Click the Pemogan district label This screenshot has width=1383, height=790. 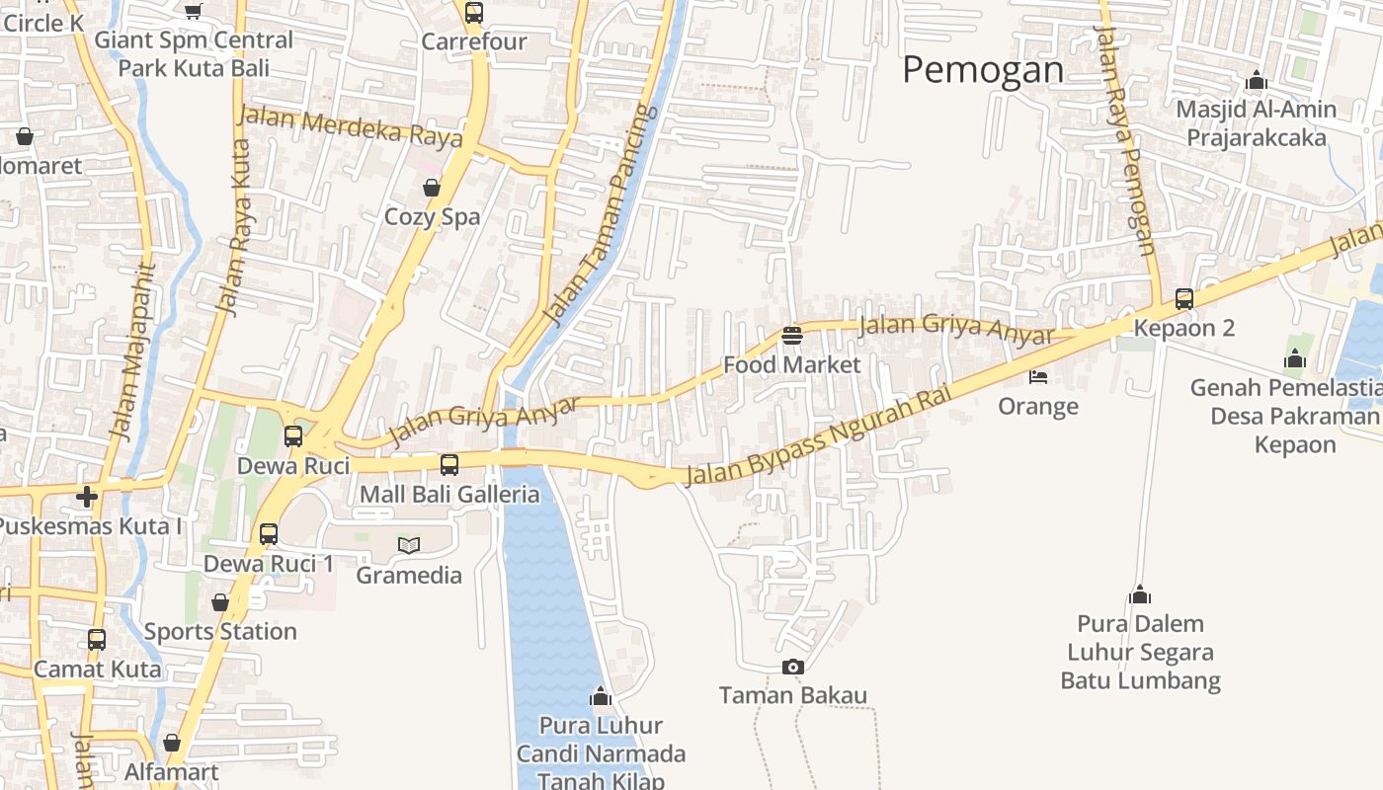(x=983, y=69)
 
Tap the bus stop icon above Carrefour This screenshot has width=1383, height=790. (x=474, y=13)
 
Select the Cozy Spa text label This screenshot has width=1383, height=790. (x=433, y=217)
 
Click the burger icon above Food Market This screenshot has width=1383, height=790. (x=791, y=336)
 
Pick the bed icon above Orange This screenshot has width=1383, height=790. (x=1037, y=376)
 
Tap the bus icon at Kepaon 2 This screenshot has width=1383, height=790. (x=1183, y=298)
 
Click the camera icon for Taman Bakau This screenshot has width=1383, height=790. (x=792, y=668)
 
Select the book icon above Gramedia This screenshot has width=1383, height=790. (x=408, y=545)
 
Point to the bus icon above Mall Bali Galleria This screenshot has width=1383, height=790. (x=449, y=464)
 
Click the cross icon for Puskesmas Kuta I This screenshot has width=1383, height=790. (x=87, y=496)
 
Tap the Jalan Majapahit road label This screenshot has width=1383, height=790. (x=133, y=351)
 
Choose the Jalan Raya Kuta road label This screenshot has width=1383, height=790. (x=234, y=227)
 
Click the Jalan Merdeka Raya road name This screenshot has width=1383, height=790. (x=351, y=127)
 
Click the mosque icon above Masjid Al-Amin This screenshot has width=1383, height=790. (x=1257, y=80)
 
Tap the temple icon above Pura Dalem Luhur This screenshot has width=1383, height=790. (x=1140, y=594)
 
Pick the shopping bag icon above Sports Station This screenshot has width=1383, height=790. (x=220, y=602)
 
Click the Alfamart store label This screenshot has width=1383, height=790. (x=172, y=771)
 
